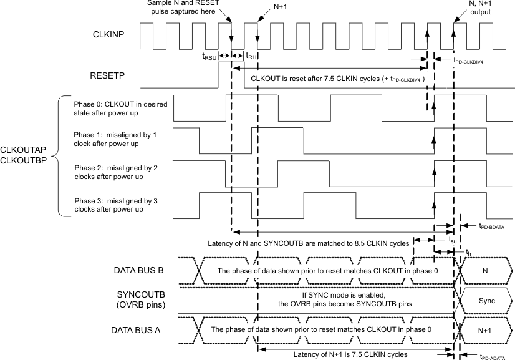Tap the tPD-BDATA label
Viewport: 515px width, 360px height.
(491, 228)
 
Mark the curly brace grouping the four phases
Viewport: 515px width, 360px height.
(61, 156)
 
